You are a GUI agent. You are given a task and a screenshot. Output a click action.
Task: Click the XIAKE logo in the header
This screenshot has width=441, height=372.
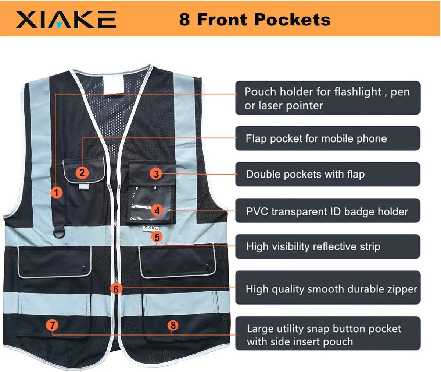tap(66, 19)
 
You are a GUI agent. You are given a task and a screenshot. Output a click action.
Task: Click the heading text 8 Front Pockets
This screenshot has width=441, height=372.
tap(255, 19)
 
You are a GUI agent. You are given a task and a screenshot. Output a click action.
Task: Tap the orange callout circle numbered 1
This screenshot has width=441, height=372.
tap(56, 192)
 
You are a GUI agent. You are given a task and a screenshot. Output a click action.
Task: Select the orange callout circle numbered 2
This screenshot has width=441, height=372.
tap(82, 172)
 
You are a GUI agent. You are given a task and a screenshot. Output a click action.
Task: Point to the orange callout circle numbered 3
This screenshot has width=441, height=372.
tap(157, 173)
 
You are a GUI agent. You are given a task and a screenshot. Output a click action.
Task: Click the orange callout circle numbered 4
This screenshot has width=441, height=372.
tap(157, 211)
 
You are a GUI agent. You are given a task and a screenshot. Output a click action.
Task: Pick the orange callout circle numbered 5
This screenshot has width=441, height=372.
tap(157, 237)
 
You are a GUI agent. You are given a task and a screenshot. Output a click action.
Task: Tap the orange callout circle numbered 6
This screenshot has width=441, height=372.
tap(116, 289)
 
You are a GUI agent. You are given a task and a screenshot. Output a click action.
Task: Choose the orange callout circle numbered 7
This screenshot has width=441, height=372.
tap(53, 325)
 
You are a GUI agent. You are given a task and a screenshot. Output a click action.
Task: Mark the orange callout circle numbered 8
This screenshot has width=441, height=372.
tap(173, 325)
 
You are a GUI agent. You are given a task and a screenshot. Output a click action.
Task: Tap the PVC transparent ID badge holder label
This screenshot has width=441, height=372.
tap(327, 211)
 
